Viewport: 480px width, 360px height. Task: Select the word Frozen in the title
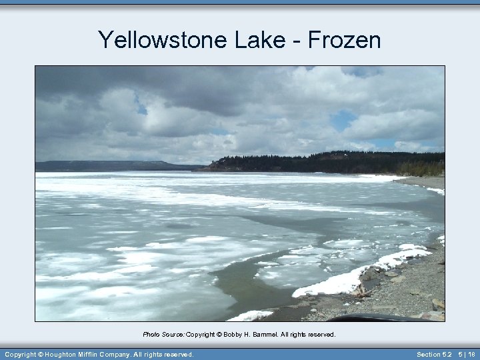(345, 40)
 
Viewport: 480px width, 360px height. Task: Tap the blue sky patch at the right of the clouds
(343, 120)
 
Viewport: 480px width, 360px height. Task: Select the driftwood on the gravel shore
(360, 291)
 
